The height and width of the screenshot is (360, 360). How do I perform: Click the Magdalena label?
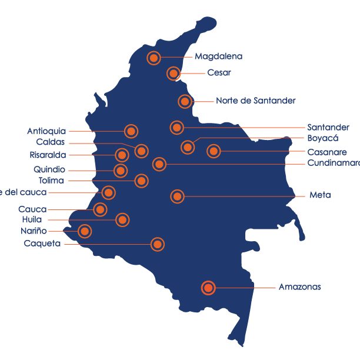[x=218, y=57]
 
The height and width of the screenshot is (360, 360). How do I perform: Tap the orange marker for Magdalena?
[x=154, y=58]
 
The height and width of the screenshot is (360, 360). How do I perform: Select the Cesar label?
[x=219, y=73]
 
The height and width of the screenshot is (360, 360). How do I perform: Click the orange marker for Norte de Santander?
[x=185, y=101]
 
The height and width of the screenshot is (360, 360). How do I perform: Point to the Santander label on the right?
[x=328, y=127]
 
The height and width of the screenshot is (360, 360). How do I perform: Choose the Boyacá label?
[x=323, y=138]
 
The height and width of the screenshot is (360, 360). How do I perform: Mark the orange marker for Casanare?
[x=214, y=152]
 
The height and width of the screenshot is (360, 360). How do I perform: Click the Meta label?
[x=320, y=195]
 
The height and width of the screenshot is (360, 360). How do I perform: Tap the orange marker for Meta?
[x=177, y=196]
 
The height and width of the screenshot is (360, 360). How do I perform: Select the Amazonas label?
[x=299, y=287]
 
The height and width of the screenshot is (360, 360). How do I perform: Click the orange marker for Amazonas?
[x=208, y=288]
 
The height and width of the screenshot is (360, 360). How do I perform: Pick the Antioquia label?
[x=46, y=131]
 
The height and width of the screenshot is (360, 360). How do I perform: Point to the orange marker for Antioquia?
[x=131, y=131]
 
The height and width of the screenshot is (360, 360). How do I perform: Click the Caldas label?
[x=50, y=142]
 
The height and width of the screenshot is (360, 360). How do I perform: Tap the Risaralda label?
[x=48, y=155]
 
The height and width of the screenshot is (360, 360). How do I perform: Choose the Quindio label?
[x=49, y=169]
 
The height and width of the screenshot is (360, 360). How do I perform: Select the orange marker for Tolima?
[x=141, y=181]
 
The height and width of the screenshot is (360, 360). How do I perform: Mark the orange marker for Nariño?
[x=85, y=232]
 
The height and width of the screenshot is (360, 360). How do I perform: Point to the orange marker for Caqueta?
[x=157, y=244]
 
